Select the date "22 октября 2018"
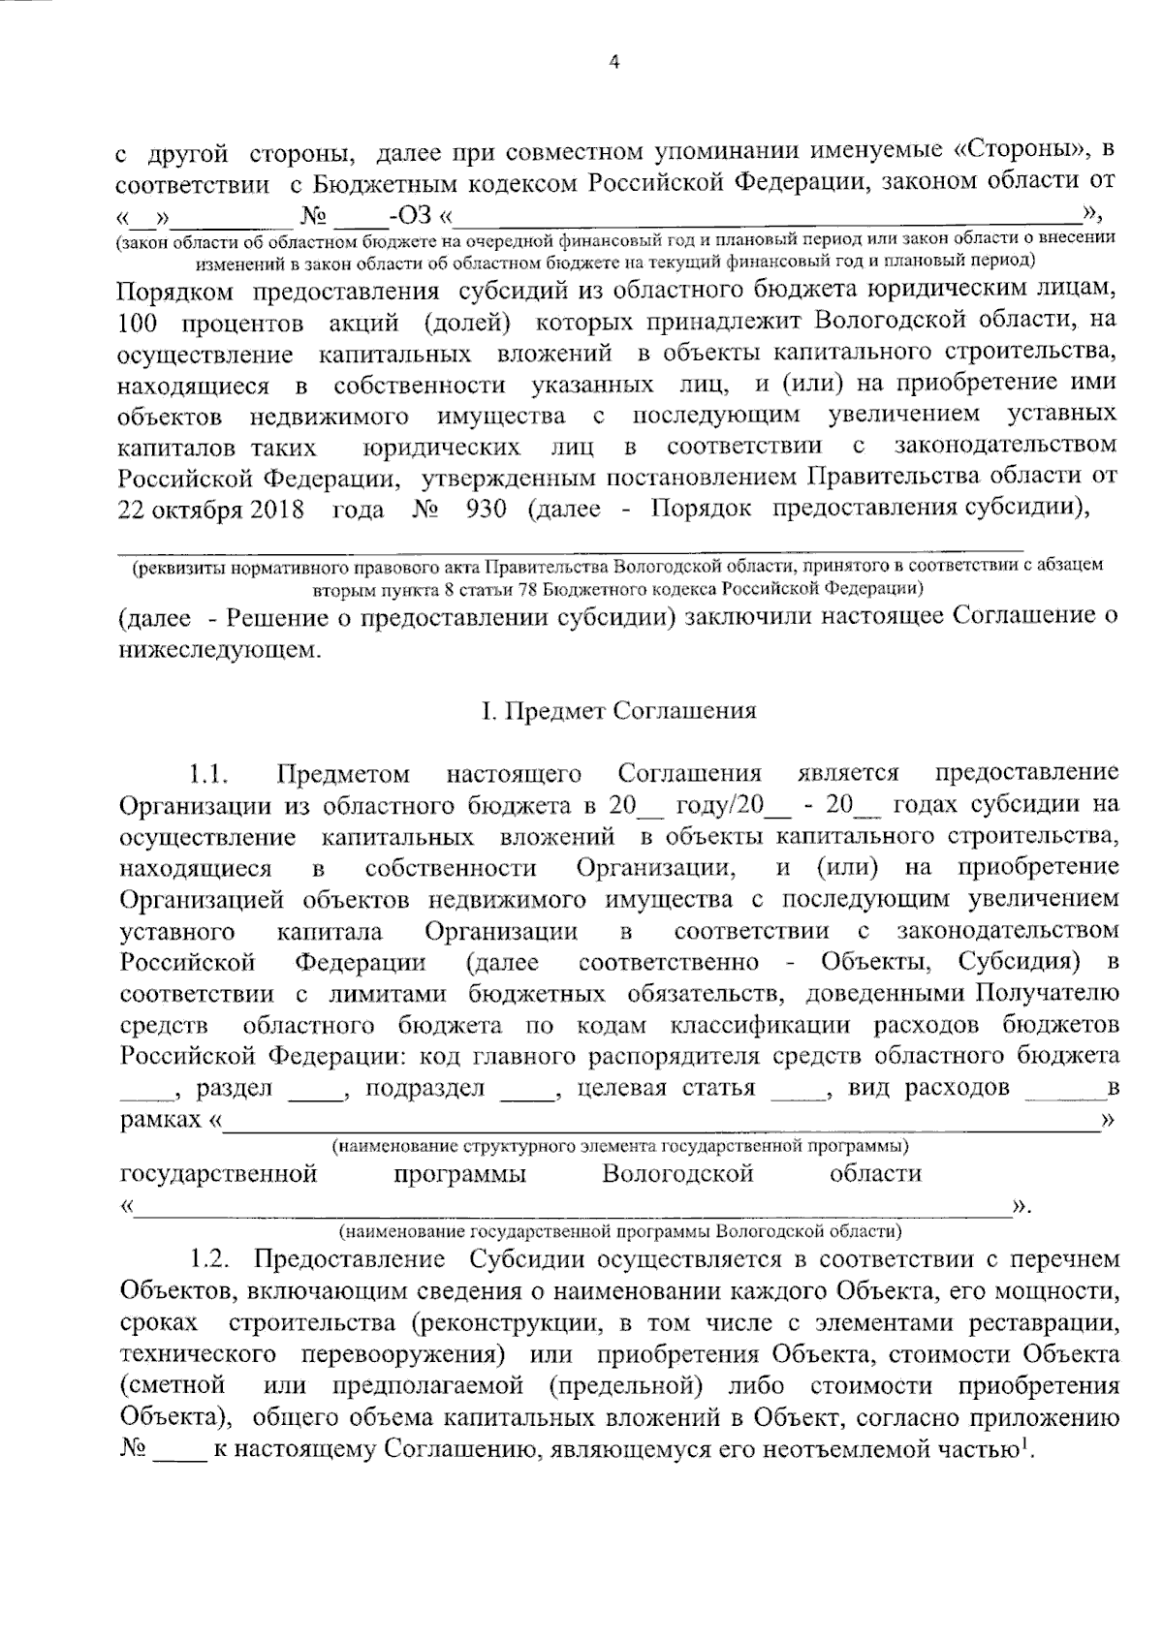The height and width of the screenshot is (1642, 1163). pos(210,509)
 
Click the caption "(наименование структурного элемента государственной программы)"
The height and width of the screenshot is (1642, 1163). pos(619,1147)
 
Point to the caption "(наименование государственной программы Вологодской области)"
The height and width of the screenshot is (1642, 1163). pos(619,1232)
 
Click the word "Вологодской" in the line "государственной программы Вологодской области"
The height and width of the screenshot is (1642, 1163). pos(677,1174)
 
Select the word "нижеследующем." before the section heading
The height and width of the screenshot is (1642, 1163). pos(217,648)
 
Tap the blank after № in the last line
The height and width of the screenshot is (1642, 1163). pos(180,1453)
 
